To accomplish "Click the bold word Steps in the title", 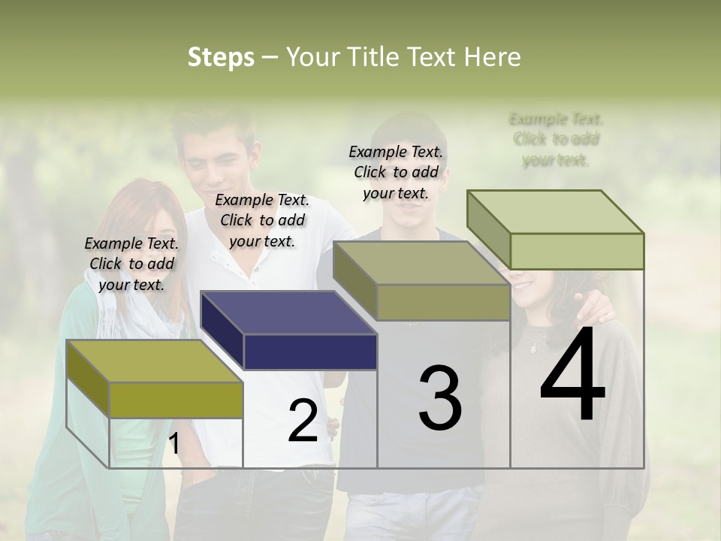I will click(221, 57).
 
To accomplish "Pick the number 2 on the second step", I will click(303, 422).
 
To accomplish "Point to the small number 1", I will click(173, 444).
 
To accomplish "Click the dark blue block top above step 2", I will click(289, 311).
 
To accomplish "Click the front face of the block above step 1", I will click(176, 400).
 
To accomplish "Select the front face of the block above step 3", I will click(443, 303).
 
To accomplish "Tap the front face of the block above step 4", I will click(577, 251).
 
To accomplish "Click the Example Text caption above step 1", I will click(131, 264).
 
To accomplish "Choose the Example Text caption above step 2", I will click(262, 220).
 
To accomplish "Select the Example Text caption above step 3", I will click(396, 172).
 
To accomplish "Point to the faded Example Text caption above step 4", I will click(556, 139).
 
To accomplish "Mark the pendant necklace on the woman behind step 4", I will click(534, 346).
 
